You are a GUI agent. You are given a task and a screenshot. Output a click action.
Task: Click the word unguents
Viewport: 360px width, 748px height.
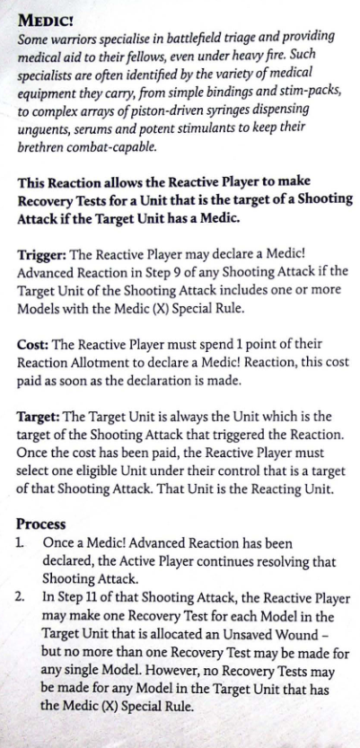[x=38, y=128]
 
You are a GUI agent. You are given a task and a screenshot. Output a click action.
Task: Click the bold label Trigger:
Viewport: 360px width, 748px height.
[x=41, y=254]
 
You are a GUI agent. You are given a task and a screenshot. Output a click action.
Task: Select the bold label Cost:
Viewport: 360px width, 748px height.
[x=32, y=344]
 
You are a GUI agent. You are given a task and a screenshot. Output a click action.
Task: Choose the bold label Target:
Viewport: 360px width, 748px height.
[x=39, y=417]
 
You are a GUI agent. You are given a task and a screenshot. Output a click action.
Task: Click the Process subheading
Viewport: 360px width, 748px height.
[x=41, y=524]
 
